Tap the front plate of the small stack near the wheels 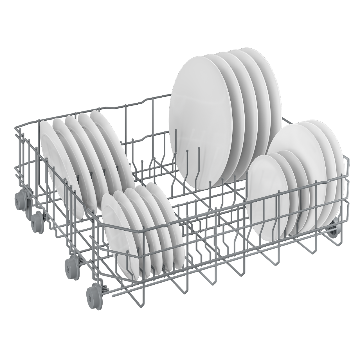[x=118, y=233]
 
